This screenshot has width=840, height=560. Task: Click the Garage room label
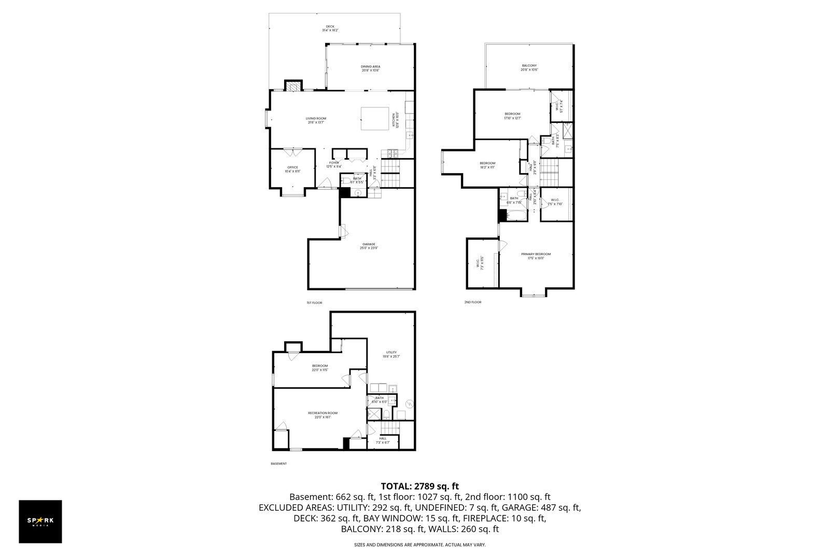[369, 246]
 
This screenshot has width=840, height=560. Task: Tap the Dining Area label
[370, 68]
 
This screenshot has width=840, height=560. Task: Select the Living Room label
[316, 120]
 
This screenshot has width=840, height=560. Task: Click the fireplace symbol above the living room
[293, 86]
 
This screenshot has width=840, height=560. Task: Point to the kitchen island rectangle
[375, 119]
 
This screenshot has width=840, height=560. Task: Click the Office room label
[292, 169]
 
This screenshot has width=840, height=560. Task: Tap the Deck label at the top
[330, 28]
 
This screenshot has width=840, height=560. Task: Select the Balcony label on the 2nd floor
[529, 67]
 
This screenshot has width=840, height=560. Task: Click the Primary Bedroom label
[536, 256]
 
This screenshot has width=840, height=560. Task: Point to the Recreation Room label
[323, 414]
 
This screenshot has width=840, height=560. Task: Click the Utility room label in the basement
[391, 354]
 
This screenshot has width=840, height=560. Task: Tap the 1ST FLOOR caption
[314, 302]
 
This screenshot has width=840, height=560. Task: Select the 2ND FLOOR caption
[472, 302]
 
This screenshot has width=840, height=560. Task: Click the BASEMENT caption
[278, 464]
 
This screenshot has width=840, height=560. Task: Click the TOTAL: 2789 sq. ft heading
[419, 486]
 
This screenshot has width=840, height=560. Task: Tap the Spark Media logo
[40, 522]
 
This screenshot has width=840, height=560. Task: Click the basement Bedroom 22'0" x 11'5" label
[319, 368]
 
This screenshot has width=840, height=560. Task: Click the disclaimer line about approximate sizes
[419, 545]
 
